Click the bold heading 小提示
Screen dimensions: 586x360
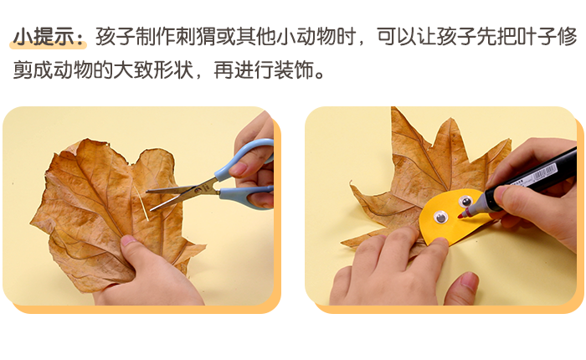(x=44, y=37)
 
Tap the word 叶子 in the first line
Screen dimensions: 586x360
(x=536, y=37)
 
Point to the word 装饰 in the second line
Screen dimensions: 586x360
(x=293, y=69)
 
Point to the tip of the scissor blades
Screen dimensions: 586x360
(x=147, y=192)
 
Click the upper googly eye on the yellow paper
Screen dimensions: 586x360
(x=465, y=202)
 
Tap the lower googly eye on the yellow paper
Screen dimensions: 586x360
(x=440, y=217)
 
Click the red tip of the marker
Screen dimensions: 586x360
(x=460, y=216)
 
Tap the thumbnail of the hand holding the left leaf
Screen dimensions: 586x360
(x=128, y=240)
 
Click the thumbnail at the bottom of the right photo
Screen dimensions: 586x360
(x=469, y=279)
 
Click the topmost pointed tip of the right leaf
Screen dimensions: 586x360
(x=392, y=108)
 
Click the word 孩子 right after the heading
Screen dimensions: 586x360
(x=116, y=37)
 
